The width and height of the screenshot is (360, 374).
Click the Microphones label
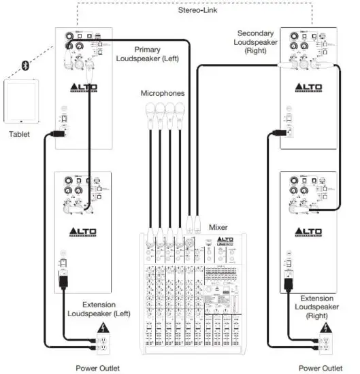click(163, 93)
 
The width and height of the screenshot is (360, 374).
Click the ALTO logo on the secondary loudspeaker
click(308, 88)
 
